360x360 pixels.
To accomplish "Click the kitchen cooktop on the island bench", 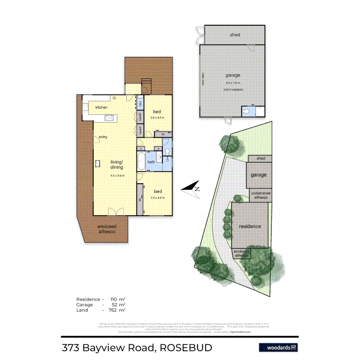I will pyautogui.click(x=109, y=117).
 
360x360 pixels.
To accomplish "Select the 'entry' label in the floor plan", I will pyautogui.click(x=103, y=137).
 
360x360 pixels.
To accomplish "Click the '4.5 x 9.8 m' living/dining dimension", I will pyautogui.click(x=117, y=176).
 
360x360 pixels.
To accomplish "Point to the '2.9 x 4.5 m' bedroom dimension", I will pyautogui.click(x=157, y=118).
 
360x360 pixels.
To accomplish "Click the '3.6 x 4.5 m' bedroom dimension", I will pyautogui.click(x=158, y=197).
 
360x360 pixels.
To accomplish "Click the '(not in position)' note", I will pyautogui.click(x=233, y=90).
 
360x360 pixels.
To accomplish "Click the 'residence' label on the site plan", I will pyautogui.click(x=250, y=226).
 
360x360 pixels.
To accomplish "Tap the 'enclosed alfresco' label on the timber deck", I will pyautogui.click(x=106, y=229).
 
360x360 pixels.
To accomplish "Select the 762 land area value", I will pyautogui.click(x=115, y=310).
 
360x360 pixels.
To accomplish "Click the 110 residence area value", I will pyautogui.click(x=115, y=299).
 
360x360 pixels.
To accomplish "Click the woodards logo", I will pyautogui.click(x=278, y=348).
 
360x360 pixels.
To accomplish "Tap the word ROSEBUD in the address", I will pyautogui.click(x=186, y=348).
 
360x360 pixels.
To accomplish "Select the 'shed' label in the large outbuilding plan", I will pyautogui.click(x=235, y=35).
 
